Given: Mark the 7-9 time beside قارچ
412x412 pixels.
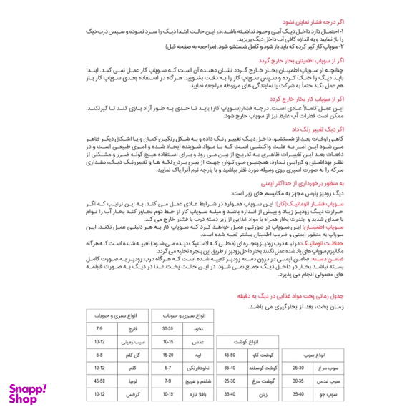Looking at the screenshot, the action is (x=100, y=329).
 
